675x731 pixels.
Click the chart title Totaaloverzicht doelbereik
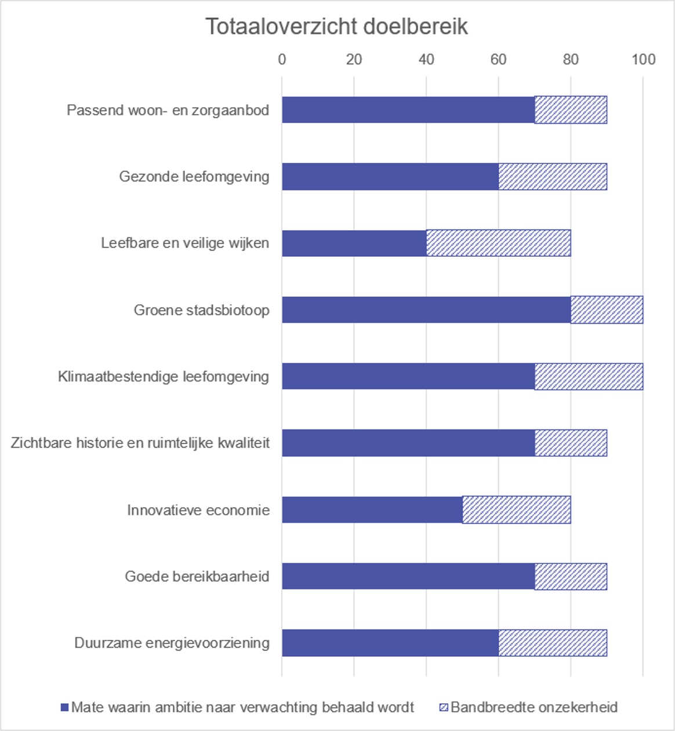336,27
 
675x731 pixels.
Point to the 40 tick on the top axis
426,59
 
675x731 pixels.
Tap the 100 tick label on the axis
643,59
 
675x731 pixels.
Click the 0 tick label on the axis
282,59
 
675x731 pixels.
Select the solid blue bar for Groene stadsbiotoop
426,310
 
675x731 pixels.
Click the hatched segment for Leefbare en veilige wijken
499,243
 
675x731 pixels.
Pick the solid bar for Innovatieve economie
372,510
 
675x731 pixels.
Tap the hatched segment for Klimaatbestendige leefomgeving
589,376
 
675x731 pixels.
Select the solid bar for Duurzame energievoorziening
390,643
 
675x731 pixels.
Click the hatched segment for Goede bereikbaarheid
571,576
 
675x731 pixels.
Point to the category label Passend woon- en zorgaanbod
168,110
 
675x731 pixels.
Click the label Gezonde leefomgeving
194,176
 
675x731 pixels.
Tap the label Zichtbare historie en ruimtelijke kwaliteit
140,443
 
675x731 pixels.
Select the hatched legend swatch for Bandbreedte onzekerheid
444,707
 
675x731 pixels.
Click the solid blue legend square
64,707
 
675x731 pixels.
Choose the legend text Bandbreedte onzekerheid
534,707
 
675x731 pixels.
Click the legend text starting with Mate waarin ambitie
242,707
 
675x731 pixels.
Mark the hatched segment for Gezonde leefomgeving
553,176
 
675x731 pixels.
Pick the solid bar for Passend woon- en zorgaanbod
408,110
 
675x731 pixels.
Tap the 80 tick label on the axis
571,59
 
